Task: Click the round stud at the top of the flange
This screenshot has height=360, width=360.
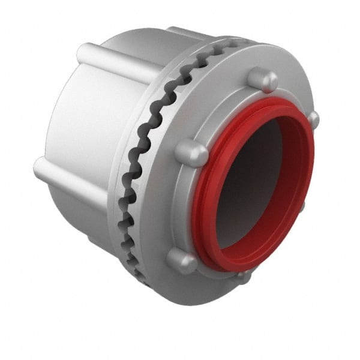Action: click(262, 79)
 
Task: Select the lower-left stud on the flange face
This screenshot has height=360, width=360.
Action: click(181, 260)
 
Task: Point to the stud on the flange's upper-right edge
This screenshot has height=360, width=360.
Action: click(313, 118)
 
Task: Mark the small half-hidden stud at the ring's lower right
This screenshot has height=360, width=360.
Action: click(302, 206)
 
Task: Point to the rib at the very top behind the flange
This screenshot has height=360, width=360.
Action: click(186, 33)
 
